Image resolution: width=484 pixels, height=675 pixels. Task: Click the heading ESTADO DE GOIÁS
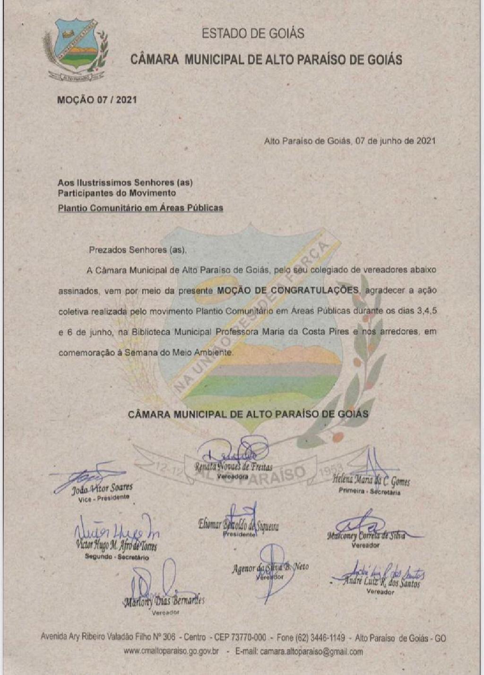(x=253, y=34)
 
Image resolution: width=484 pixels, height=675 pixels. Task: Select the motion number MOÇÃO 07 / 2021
(x=97, y=100)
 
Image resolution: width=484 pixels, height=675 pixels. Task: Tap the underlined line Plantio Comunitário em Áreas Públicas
(x=140, y=208)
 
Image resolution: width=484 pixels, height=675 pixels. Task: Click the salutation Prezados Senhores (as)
(x=138, y=250)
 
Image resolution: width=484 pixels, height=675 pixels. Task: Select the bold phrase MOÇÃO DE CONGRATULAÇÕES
(x=287, y=290)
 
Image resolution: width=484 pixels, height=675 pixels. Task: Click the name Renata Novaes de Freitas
(x=233, y=467)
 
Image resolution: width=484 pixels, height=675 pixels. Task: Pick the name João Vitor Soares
(x=102, y=488)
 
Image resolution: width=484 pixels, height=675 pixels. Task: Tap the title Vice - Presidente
(x=104, y=498)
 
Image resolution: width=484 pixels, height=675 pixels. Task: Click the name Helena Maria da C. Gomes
(x=371, y=480)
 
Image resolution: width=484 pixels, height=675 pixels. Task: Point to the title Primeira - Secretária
(x=369, y=491)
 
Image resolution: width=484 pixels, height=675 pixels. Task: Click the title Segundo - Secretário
(x=117, y=557)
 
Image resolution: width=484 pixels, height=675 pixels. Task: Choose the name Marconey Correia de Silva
(x=366, y=536)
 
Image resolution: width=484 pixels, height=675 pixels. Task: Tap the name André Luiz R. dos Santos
(x=381, y=582)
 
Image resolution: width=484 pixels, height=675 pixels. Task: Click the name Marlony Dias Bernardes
(x=164, y=602)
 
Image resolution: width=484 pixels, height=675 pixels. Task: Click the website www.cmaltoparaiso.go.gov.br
(x=171, y=651)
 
